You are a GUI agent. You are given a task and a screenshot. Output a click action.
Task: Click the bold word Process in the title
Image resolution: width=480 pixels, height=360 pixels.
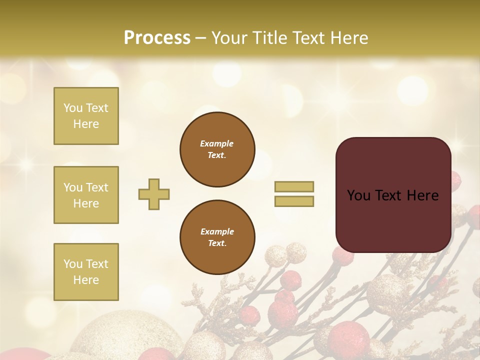click(157, 38)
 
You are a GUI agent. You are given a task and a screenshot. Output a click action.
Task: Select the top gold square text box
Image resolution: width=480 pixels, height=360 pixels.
click(86, 116)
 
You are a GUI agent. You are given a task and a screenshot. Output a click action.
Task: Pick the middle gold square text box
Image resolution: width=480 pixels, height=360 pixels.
click(86, 195)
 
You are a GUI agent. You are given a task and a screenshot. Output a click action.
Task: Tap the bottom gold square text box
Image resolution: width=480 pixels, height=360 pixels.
click(86, 272)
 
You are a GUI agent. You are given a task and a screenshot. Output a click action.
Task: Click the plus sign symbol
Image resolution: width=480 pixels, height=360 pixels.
click(154, 194)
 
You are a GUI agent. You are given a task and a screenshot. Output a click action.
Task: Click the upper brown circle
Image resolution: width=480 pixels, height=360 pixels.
click(217, 149)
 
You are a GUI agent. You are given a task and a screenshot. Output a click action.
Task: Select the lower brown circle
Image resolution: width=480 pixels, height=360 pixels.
click(217, 237)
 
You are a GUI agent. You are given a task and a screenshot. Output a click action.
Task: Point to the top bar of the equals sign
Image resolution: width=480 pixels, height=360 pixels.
click(294, 186)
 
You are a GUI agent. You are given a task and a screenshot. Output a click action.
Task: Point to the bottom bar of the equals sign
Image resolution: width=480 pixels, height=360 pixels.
click(294, 201)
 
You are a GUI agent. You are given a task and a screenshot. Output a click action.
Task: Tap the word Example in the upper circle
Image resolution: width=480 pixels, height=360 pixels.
click(217, 143)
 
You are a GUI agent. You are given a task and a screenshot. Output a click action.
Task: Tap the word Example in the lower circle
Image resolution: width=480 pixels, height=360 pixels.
click(217, 231)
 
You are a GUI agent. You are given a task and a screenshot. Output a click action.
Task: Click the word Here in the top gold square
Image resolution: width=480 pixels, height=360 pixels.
click(86, 124)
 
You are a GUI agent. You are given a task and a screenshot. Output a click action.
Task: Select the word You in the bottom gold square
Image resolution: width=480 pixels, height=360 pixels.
click(73, 264)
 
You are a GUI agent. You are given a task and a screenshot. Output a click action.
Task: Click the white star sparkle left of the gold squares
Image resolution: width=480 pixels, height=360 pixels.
click(25, 165)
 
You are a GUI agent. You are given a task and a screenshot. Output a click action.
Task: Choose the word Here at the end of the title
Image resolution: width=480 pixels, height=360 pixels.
click(350, 38)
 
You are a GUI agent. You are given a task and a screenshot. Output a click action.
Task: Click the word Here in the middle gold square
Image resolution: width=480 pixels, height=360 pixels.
click(86, 203)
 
